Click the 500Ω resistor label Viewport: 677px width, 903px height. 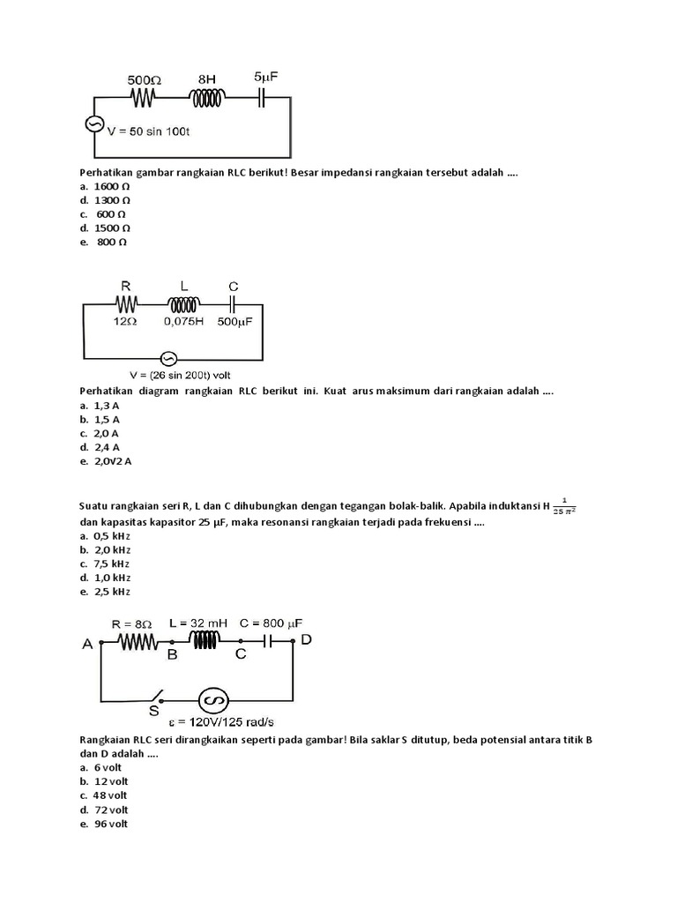pyautogui.click(x=144, y=77)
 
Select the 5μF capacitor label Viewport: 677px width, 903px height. pyautogui.click(x=266, y=77)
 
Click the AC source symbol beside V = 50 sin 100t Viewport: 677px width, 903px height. pyautogui.click(x=93, y=125)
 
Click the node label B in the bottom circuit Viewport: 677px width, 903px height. pyautogui.click(x=173, y=654)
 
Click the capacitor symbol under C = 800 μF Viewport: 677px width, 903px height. pyautogui.click(x=271, y=642)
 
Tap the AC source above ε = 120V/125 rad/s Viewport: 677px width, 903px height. pyautogui.click(x=212, y=699)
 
